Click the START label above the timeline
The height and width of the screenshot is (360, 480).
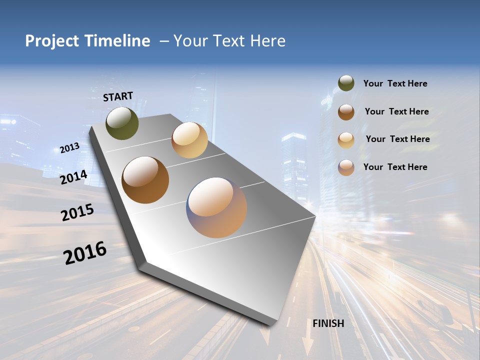pos(118,96)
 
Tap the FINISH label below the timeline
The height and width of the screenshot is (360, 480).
pos(328,323)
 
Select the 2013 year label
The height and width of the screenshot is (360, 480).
pos(69,148)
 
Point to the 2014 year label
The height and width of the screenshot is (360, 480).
pos(74,177)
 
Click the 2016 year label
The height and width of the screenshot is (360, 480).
pos(85,253)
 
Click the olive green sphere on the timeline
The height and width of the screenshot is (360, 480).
pos(122,123)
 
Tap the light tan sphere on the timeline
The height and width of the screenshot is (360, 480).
pos(189,140)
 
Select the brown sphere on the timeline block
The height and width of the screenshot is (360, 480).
pos(145,180)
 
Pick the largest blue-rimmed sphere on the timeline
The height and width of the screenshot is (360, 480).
pos(216,207)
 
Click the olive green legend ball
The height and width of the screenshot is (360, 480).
pos(346,83)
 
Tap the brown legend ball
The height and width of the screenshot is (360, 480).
pos(346,111)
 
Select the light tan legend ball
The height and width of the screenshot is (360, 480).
pos(346,139)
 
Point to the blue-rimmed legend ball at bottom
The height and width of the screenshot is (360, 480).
pos(346,167)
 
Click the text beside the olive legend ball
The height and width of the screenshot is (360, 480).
pos(395,84)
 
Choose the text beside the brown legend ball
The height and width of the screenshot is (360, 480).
pos(396,111)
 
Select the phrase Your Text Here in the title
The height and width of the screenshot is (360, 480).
pos(229,41)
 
